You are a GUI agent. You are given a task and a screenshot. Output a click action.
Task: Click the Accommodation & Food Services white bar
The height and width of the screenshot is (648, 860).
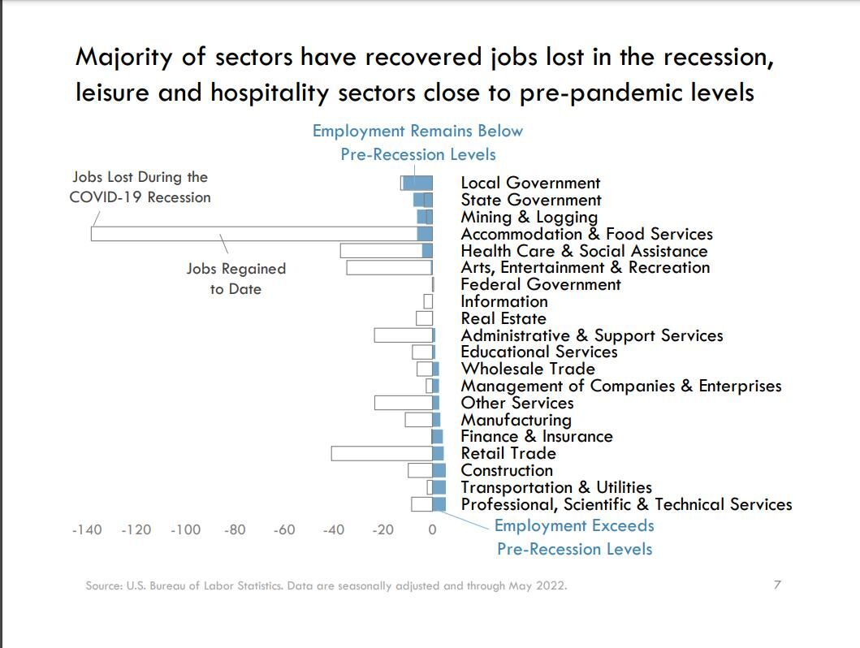252,234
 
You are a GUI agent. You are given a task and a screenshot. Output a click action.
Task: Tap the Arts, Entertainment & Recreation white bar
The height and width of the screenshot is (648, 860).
387,268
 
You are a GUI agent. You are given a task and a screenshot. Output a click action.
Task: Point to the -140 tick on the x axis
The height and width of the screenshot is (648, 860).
87,530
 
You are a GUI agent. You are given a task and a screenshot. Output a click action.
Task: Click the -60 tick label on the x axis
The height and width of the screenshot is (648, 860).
284,530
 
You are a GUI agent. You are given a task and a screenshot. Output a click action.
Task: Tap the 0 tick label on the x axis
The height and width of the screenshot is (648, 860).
432,530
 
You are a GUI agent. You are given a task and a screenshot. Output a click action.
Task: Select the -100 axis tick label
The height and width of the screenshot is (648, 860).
185,530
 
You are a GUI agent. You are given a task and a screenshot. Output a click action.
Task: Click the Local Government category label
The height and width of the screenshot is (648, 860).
530,183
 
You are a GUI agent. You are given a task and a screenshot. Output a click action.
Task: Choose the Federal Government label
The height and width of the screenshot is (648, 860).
540,284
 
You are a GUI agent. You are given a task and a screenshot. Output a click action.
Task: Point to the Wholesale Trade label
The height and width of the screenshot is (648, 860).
528,369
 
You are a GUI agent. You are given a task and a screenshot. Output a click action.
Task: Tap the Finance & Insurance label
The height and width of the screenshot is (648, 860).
537,436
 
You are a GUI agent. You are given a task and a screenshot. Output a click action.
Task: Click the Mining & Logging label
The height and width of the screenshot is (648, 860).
529,217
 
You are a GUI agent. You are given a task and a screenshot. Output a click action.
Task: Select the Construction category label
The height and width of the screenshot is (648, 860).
507,470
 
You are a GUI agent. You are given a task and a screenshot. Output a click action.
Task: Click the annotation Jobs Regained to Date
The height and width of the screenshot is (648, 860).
236,279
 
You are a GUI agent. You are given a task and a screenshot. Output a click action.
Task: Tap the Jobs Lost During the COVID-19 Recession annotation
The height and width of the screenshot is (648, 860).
140,187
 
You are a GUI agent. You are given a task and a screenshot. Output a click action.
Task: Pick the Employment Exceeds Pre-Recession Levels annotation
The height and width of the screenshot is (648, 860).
574,537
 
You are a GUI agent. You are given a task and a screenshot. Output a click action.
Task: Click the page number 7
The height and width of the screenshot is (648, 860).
777,585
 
